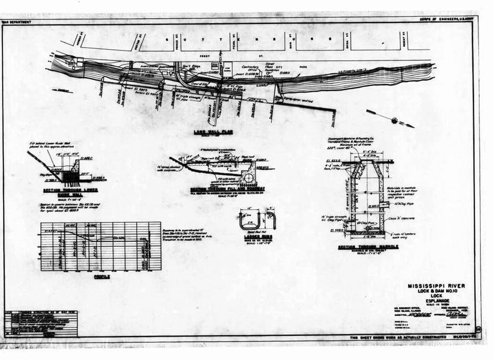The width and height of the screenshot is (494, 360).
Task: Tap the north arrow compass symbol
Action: [x=394, y=121]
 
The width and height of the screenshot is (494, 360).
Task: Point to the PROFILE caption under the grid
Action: [x=102, y=277]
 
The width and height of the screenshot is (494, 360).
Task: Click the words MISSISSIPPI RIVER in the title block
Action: [x=436, y=286]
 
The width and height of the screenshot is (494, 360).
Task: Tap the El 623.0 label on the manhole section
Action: [x=333, y=161]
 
